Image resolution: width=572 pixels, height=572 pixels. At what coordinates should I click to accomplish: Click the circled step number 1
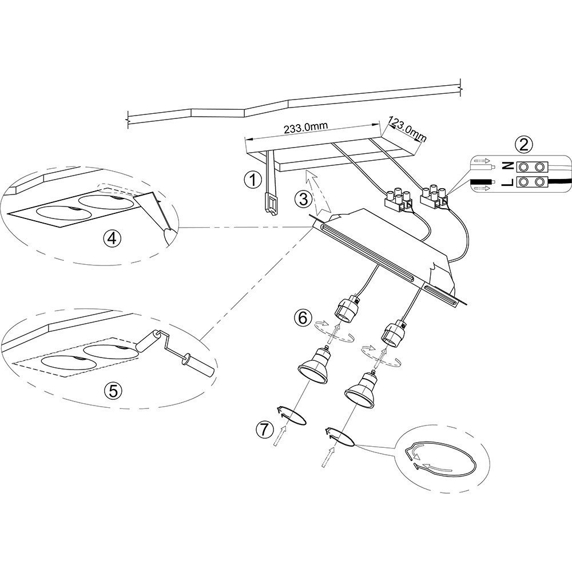pyautogui.click(x=251, y=180)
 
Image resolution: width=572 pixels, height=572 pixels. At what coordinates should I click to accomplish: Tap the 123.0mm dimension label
pyautogui.click(x=408, y=129)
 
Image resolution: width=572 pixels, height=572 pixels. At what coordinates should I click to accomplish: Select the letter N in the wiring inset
pyautogui.click(x=506, y=167)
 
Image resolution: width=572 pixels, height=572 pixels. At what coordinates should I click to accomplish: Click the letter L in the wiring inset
pyautogui.click(x=506, y=183)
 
